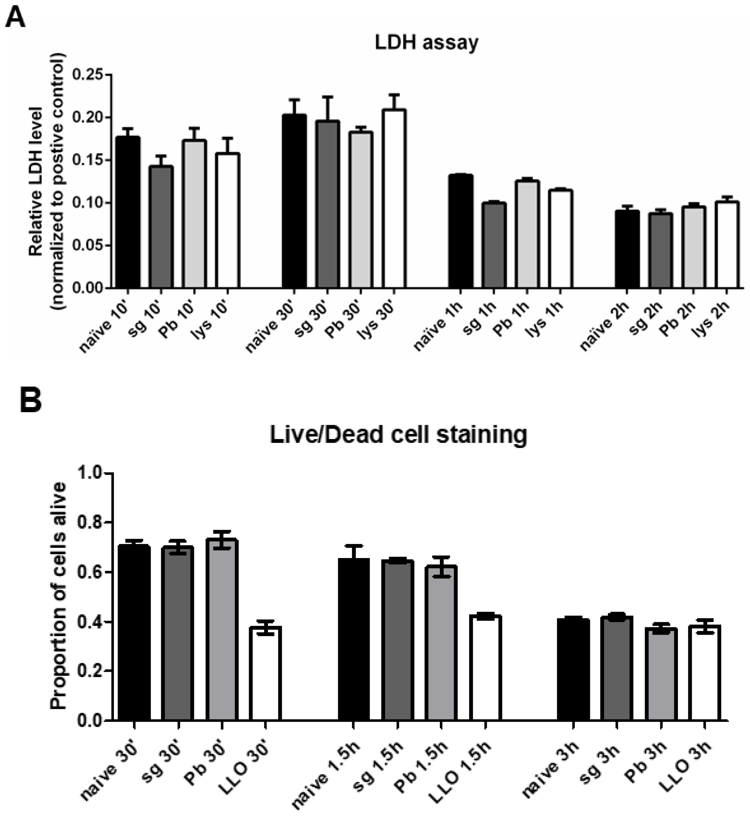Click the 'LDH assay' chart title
[x=426, y=43]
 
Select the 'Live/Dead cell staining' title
[x=398, y=435]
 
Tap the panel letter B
[x=30, y=400]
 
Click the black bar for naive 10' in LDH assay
[x=128, y=213]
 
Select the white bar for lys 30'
[x=394, y=199]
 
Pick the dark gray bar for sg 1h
[x=494, y=246]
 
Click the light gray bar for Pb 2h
[x=693, y=248]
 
